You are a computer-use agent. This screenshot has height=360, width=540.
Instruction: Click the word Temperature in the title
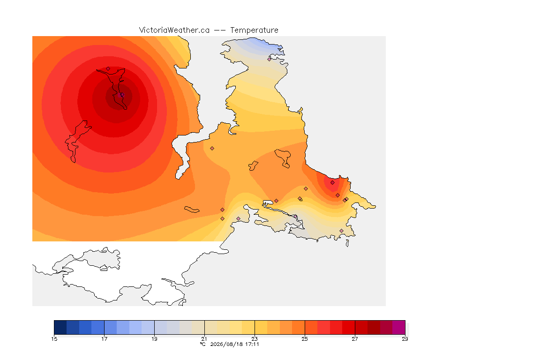(x=254, y=30)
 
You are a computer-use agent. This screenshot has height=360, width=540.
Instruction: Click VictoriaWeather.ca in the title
(x=174, y=30)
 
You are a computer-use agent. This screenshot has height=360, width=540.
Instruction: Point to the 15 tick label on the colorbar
(x=54, y=339)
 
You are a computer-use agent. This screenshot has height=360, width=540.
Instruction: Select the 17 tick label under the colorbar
(x=105, y=339)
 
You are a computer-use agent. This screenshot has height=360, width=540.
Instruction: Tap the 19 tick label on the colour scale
(x=154, y=339)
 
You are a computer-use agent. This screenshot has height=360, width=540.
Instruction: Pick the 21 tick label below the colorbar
(x=204, y=339)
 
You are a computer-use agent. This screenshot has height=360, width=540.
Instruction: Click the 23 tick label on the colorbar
(x=255, y=339)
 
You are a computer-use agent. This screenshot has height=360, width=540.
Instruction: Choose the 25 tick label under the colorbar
(x=305, y=339)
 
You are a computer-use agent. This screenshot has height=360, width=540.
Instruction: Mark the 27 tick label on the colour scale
(x=355, y=339)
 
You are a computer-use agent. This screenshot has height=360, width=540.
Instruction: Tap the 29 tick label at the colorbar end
(x=405, y=339)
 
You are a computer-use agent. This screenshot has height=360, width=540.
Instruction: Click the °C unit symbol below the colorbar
(x=202, y=344)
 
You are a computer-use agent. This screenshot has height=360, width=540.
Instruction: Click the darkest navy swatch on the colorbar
(x=60, y=327)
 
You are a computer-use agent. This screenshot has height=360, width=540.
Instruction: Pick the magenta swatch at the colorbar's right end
(x=399, y=327)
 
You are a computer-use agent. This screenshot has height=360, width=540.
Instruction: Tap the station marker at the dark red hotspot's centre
(x=121, y=95)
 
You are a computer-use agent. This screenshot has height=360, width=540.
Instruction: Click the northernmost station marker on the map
(x=270, y=59)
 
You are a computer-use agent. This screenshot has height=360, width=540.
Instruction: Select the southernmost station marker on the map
(x=341, y=231)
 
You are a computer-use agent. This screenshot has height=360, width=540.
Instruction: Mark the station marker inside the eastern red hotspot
(x=332, y=183)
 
